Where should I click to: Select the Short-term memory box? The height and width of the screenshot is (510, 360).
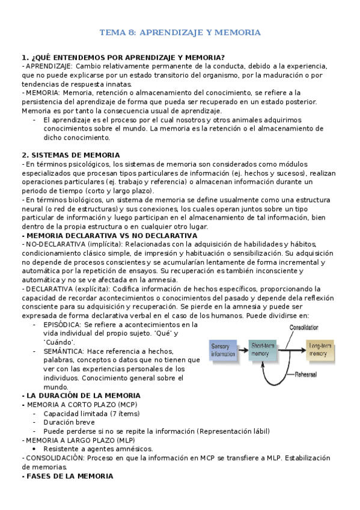(265, 349)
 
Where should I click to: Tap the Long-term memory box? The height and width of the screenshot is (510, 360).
(320, 350)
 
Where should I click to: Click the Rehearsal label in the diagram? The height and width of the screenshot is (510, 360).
(310, 373)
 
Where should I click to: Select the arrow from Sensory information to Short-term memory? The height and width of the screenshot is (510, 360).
(242, 349)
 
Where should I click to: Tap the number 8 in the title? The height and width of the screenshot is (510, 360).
(132, 32)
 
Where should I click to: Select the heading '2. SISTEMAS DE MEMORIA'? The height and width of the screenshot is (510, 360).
(71, 155)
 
